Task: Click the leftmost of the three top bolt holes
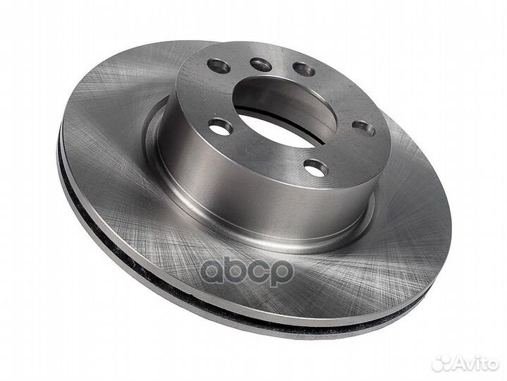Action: [x=219, y=66]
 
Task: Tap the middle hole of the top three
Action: [x=261, y=65]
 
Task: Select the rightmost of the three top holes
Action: [x=304, y=69]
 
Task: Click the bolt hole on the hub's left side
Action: [x=221, y=126]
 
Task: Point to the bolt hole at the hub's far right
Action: [x=363, y=128]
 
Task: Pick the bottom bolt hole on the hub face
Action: [x=316, y=167]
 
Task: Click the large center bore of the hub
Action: [x=283, y=112]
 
